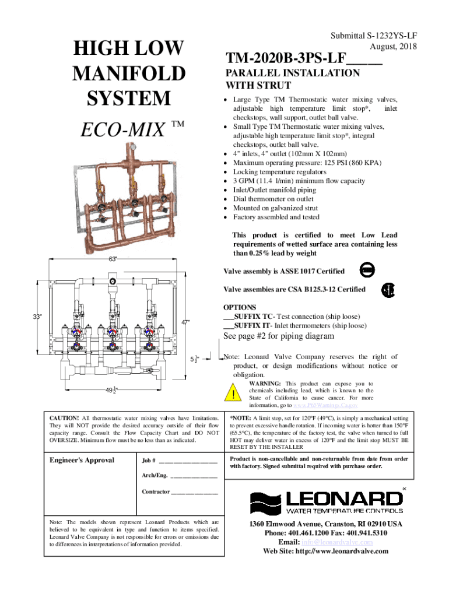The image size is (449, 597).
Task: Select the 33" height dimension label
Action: pyautogui.click(x=37, y=317)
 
